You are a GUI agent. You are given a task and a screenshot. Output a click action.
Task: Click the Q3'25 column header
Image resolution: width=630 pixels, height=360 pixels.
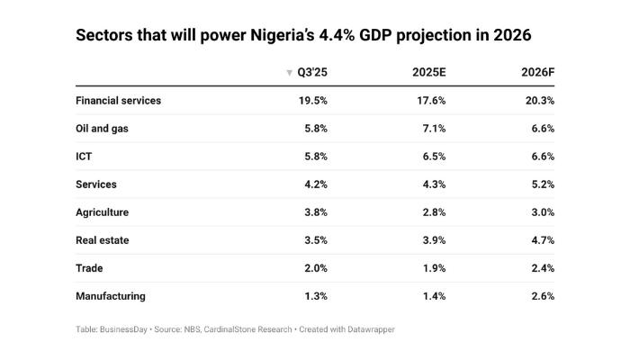[x=310, y=72]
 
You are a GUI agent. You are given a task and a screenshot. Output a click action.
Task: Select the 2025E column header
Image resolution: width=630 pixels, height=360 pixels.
[x=427, y=72]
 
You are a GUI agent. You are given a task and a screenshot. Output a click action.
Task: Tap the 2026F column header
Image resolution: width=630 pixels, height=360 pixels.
[x=537, y=72]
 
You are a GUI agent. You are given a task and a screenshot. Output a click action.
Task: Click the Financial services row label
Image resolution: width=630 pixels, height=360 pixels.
[x=119, y=101]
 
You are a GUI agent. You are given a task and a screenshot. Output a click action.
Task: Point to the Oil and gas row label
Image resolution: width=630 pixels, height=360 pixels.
[x=101, y=129]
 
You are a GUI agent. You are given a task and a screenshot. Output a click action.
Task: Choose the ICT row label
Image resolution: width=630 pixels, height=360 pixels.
[x=85, y=157]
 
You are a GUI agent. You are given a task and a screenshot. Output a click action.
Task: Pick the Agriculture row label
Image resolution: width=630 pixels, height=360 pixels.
[x=103, y=212]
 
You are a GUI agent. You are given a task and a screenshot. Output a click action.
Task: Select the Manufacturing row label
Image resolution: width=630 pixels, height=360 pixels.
[x=111, y=296]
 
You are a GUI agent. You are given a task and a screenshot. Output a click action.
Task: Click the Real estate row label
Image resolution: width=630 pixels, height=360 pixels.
[x=102, y=240]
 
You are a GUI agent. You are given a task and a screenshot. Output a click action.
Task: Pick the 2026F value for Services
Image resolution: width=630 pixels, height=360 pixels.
[x=541, y=184]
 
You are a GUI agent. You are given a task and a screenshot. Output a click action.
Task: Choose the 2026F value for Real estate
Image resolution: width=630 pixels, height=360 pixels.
[x=541, y=240]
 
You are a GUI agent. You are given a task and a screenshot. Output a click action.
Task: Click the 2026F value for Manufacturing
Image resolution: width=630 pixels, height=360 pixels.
[x=541, y=296]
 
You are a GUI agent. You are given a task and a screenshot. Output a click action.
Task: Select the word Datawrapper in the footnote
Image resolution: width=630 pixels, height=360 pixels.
[x=365, y=329]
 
